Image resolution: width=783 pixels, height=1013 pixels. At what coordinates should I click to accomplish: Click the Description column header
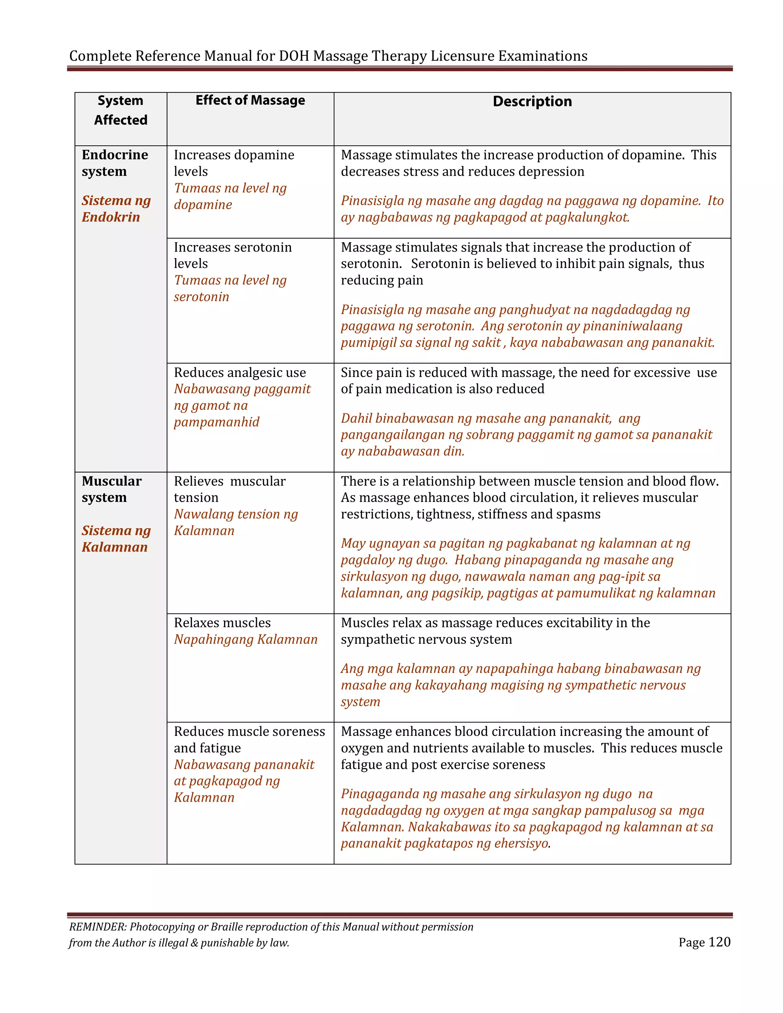click(x=532, y=102)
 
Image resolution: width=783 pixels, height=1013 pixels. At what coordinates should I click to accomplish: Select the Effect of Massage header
click(x=250, y=100)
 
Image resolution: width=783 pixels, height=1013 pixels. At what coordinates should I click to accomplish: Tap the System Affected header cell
click(x=120, y=110)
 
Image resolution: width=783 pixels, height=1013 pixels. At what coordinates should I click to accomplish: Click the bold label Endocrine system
click(x=115, y=163)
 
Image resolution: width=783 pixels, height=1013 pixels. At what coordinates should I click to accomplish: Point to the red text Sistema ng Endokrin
click(x=116, y=209)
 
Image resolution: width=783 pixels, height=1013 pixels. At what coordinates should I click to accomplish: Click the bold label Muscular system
click(x=111, y=489)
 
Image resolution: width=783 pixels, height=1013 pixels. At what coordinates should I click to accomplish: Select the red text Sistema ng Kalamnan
click(x=116, y=539)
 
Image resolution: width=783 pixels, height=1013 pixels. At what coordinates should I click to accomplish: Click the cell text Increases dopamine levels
click(x=234, y=163)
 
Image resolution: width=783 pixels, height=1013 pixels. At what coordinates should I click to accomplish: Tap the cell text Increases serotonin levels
click(x=232, y=255)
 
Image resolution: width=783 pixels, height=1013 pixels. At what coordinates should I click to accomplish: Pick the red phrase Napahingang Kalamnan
click(x=245, y=639)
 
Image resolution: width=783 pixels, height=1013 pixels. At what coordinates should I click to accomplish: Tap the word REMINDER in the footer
click(x=97, y=927)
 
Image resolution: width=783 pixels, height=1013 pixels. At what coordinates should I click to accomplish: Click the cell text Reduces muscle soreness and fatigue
click(x=249, y=739)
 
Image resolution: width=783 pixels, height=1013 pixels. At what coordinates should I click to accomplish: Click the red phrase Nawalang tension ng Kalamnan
click(x=235, y=522)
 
